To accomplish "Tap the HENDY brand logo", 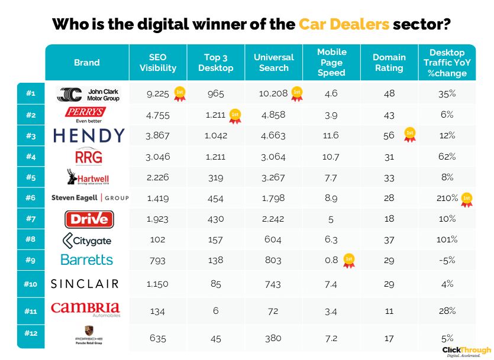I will tap(89, 135).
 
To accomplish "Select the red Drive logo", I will tap(89, 219).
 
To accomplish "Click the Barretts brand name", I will tap(86, 260).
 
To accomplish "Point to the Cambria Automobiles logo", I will tap(85, 309).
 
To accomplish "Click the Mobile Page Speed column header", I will tap(331, 62).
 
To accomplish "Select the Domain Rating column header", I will tap(389, 62).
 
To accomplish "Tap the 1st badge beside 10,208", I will tap(297, 93).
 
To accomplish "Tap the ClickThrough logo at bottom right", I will tap(466, 351).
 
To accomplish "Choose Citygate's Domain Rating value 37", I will tap(389, 239).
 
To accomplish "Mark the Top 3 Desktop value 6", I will tap(215, 311).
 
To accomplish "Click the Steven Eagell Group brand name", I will tap(89, 198).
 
